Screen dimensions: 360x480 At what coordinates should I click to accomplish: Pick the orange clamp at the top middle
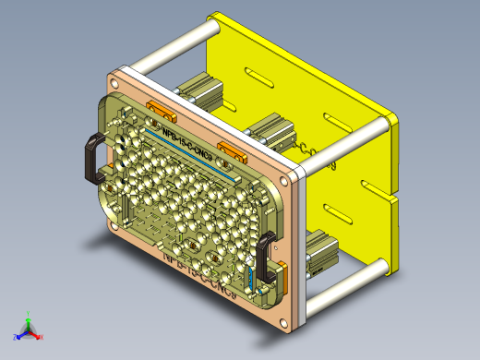[x=231, y=150]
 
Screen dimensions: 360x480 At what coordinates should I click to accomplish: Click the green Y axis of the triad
[x=29, y=322]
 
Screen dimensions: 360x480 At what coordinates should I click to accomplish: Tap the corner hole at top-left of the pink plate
[x=119, y=76]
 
